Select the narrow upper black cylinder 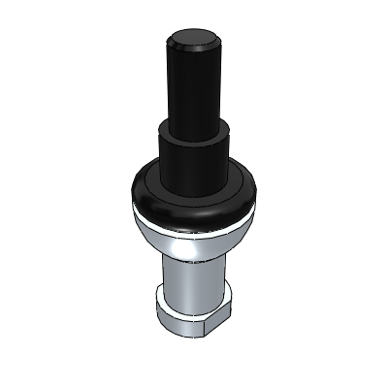tap(194, 87)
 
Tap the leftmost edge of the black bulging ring tap(130, 189)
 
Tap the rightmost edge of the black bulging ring tap(258, 189)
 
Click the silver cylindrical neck tap(194, 281)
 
